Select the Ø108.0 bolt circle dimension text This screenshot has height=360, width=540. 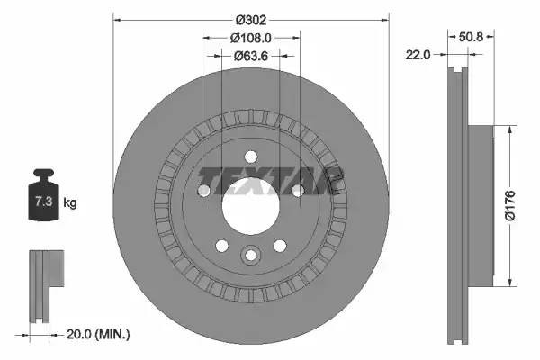(x=251, y=39)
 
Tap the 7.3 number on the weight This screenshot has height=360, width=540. (x=42, y=202)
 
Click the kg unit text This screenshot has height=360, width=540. (x=69, y=202)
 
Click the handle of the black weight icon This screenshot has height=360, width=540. (x=42, y=174)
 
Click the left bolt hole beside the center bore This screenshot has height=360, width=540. (x=204, y=190)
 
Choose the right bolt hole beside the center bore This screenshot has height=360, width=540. (x=297, y=190)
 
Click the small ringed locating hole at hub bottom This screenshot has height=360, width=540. (x=250, y=256)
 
